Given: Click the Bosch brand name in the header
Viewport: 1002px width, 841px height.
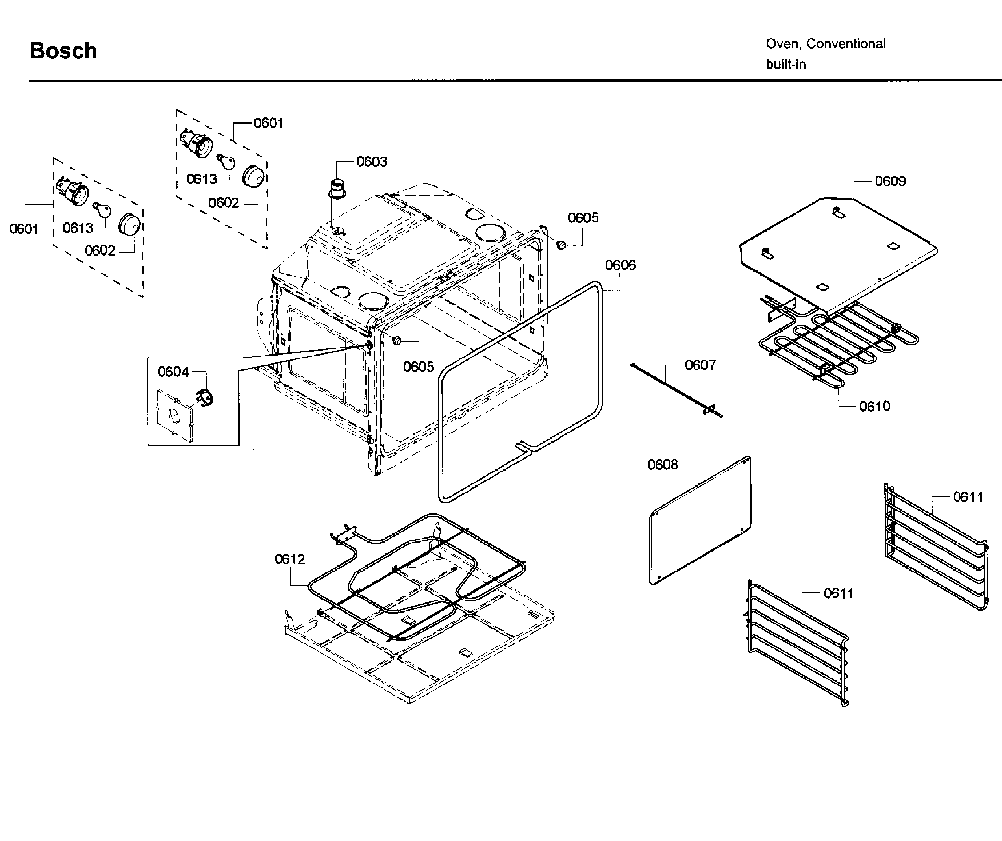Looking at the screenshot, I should [x=63, y=50].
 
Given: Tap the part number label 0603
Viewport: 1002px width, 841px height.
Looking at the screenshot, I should [x=372, y=162].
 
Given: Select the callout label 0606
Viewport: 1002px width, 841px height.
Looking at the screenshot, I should [x=620, y=265].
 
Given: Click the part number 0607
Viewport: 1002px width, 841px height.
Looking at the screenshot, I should [x=700, y=365].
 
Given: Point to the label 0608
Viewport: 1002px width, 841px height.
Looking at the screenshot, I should [x=662, y=465].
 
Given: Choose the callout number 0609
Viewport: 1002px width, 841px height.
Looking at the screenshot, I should [x=890, y=181].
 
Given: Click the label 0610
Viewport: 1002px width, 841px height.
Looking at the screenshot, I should [x=874, y=406].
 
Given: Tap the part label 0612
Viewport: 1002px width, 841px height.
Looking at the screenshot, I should [x=290, y=559].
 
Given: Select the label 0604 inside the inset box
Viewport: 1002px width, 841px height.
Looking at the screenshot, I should [x=173, y=372].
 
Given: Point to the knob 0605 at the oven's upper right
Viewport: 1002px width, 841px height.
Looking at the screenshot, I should [x=561, y=245].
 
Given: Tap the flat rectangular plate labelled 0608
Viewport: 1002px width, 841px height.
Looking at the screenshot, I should [x=700, y=520].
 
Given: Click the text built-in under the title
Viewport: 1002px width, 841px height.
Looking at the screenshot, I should [x=785, y=65].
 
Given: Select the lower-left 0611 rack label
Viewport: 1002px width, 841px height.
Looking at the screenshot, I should [x=838, y=594].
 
